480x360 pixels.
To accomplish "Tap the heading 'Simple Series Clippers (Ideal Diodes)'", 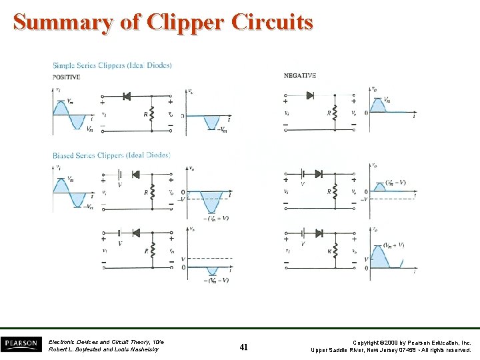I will [x=112, y=65].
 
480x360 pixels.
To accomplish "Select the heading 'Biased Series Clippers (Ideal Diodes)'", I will [x=111, y=155].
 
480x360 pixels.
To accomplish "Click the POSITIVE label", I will [x=67, y=77].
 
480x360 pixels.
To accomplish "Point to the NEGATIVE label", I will [x=300, y=76].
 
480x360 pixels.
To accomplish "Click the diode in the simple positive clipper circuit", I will [x=126, y=97].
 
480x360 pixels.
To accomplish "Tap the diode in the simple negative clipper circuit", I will [x=310, y=95].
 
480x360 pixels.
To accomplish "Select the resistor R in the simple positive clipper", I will [x=152, y=114].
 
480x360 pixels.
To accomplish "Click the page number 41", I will [x=243, y=346].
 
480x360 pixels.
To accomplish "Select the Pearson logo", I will [x=21, y=345].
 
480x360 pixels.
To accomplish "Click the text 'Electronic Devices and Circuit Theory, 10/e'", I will [x=106, y=342].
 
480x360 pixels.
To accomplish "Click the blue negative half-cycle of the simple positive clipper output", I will [x=212, y=123].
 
